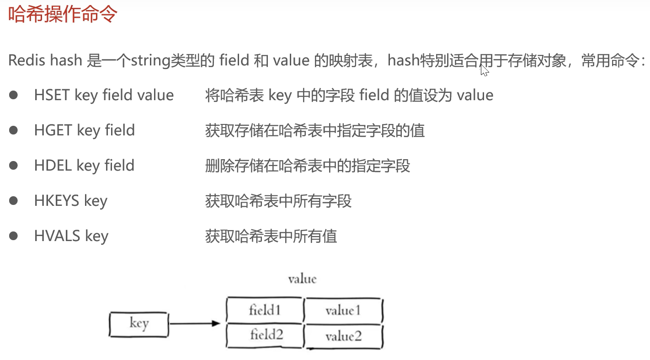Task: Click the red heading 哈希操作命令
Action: tap(63, 15)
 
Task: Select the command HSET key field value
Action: tap(104, 95)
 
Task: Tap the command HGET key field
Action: tap(84, 130)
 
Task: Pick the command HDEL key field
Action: tap(84, 165)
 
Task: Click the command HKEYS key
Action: tap(70, 200)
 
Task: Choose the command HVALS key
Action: tap(71, 236)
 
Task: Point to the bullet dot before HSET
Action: tap(13, 95)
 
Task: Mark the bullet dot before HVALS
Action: tap(13, 236)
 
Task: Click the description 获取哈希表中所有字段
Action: tap(278, 201)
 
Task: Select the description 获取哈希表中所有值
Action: tap(271, 236)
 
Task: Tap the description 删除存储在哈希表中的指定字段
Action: tap(308, 166)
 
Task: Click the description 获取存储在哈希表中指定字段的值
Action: tap(315, 131)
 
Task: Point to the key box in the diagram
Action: tap(139, 324)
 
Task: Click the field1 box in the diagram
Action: tap(265, 310)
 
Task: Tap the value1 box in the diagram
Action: tap(343, 311)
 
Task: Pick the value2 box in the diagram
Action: tap(343, 337)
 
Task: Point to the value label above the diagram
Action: tap(302, 279)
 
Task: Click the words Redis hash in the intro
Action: tap(45, 61)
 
